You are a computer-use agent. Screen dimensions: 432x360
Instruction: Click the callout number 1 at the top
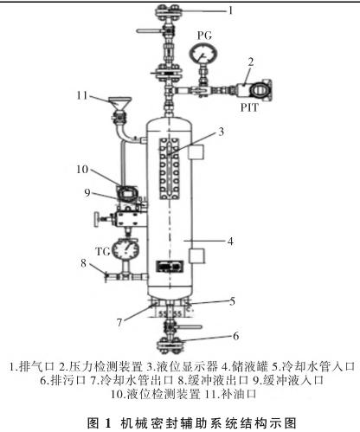[231, 11]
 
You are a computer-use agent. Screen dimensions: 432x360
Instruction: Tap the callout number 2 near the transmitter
[250, 62]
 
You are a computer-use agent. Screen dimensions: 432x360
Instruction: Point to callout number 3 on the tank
[221, 132]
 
